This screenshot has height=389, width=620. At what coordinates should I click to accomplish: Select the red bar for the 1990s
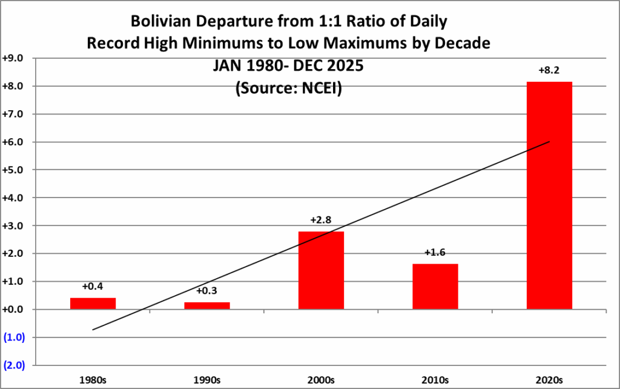(207, 306)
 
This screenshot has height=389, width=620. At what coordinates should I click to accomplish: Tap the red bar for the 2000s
(321, 270)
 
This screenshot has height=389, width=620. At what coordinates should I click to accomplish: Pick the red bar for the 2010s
(435, 287)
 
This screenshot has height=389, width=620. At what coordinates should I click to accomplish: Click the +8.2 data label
(549, 71)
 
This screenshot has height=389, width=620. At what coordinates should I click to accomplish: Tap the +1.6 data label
(435, 253)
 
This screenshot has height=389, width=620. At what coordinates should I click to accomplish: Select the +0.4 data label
(93, 287)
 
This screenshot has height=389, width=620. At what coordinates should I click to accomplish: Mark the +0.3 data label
(207, 291)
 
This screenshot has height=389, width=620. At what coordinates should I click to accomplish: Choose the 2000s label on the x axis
(321, 380)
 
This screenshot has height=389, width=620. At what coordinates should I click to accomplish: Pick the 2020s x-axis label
(549, 380)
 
